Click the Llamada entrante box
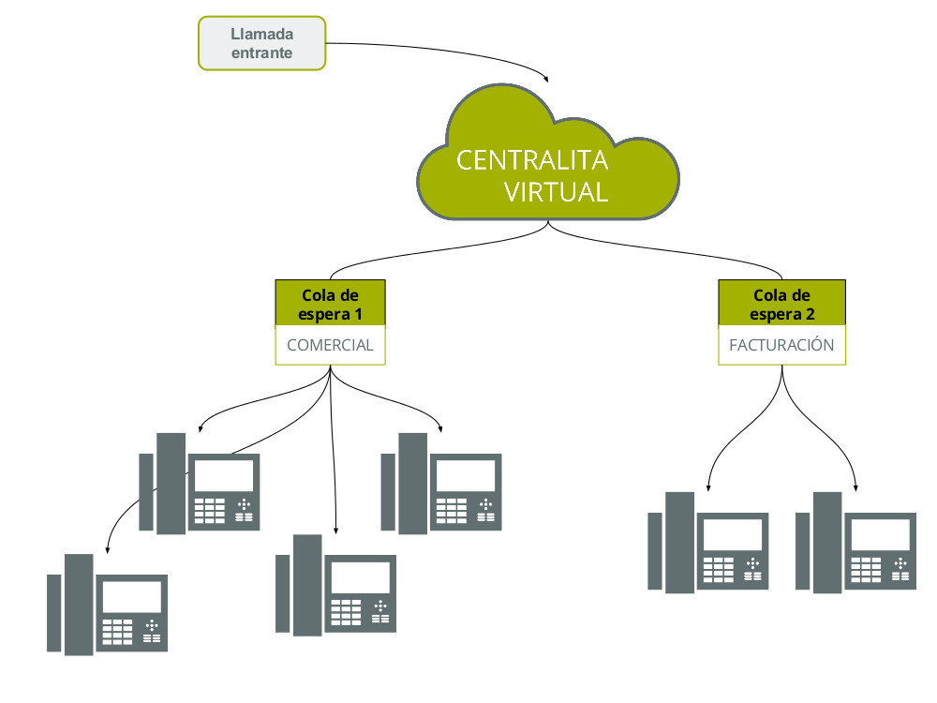pyautogui.click(x=261, y=43)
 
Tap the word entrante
pyautogui.click(x=262, y=53)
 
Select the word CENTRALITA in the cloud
pyautogui.click(x=532, y=160)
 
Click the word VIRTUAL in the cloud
pyautogui.click(x=557, y=192)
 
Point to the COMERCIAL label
pyautogui.click(x=330, y=345)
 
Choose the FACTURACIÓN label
pyautogui.click(x=781, y=345)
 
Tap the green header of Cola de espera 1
pyautogui.click(x=330, y=303)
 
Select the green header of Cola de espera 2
pyautogui.click(x=781, y=303)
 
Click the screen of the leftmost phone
pyautogui.click(x=131, y=596)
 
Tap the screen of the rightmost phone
pyautogui.click(x=879, y=534)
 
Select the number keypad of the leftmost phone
pyautogui.click(x=118, y=630)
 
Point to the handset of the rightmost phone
pyautogui.click(x=827, y=542)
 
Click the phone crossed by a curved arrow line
pyautogui.click(x=199, y=483)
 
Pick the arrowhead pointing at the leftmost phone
pyautogui.click(x=110, y=548)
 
